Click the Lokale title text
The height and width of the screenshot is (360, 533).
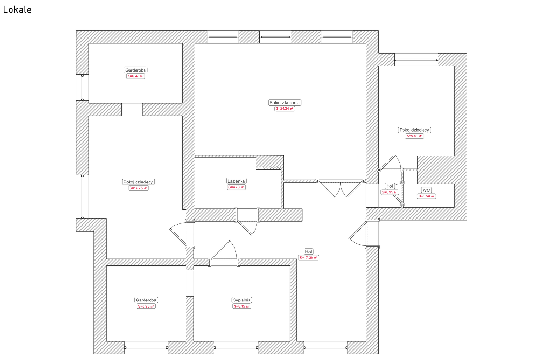[x=17, y=10]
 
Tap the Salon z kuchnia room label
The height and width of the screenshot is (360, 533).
[x=284, y=103]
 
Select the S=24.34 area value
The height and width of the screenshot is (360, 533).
[x=284, y=109]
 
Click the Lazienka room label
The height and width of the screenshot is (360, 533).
[x=236, y=181]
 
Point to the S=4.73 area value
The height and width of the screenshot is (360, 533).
[x=236, y=187]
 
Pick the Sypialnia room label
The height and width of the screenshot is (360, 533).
[x=242, y=300]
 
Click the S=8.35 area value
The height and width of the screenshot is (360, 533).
[x=242, y=306]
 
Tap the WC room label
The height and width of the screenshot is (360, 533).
[x=426, y=190]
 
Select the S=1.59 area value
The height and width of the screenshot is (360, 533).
[x=426, y=197]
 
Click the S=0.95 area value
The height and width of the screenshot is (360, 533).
[x=390, y=192]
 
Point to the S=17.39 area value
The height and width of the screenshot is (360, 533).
[x=309, y=258]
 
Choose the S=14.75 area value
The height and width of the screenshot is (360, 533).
[x=138, y=188]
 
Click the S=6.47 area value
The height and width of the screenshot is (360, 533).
[x=136, y=76]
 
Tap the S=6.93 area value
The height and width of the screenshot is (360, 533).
[x=146, y=306]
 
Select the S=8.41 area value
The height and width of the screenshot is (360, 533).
[x=414, y=136]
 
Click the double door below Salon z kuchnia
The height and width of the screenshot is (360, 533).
[x=340, y=188]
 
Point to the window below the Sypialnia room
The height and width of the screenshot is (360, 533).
[x=236, y=347]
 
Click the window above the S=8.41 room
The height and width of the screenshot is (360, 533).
[x=416, y=60]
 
